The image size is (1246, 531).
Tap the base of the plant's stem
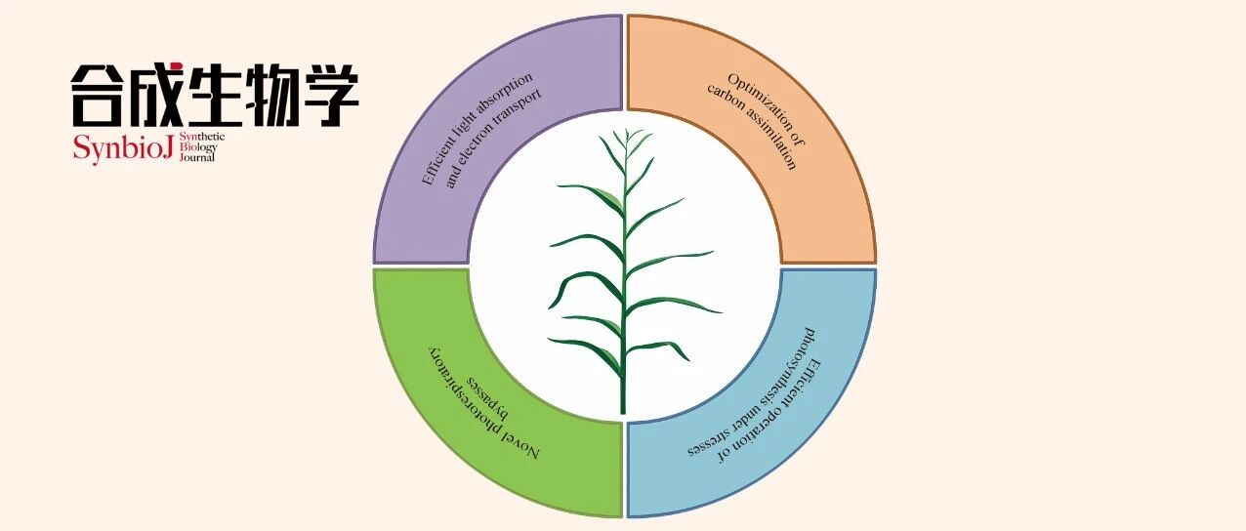click(623, 405)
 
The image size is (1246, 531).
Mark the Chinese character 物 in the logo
click(272, 95)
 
